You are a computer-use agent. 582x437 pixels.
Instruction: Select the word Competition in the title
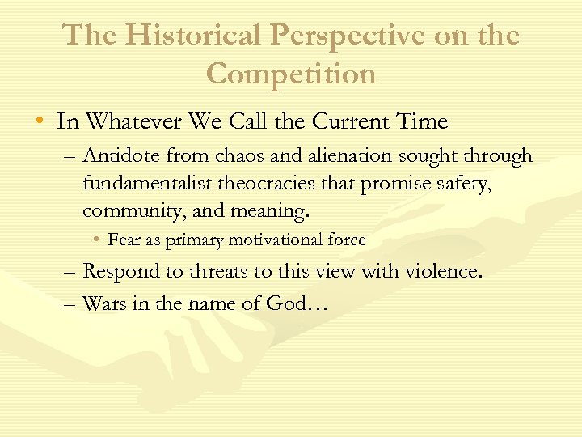point(291,74)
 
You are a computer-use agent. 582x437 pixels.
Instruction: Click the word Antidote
point(119,155)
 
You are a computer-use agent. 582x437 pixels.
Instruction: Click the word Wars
point(103,303)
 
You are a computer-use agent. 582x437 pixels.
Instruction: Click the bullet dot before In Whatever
point(40,122)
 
